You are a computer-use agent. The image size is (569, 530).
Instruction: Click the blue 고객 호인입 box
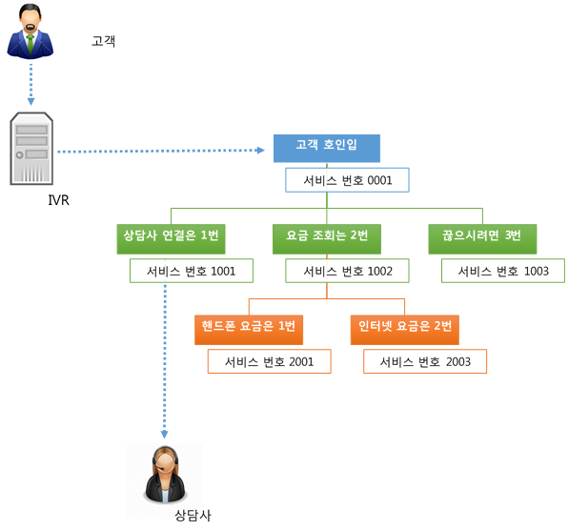click(x=327, y=148)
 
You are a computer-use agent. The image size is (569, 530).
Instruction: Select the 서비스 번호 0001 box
click(x=347, y=180)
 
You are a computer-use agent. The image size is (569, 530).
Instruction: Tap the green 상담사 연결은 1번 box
click(x=171, y=239)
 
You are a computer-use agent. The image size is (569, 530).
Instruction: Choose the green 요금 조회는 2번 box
click(x=327, y=239)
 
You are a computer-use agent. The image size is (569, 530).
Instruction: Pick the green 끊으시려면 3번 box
click(x=482, y=239)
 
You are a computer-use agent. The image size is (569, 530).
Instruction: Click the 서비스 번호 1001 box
click(x=192, y=271)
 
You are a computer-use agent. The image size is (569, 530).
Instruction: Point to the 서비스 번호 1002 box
click(x=347, y=271)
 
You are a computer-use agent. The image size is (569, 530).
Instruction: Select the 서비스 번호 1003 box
click(x=503, y=271)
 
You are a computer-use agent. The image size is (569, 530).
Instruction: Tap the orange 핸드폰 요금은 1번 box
click(x=249, y=330)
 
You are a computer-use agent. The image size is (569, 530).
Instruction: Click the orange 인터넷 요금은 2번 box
click(x=405, y=330)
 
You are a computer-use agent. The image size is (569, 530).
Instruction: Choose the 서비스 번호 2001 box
click(x=270, y=361)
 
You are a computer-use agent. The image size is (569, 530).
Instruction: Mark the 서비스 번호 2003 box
click(x=425, y=361)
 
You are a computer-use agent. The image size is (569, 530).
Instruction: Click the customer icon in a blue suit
click(x=30, y=31)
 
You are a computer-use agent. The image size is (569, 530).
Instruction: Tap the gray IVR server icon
click(x=31, y=149)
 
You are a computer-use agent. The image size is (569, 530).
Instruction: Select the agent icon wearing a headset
click(x=165, y=475)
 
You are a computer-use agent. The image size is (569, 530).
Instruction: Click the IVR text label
click(x=58, y=200)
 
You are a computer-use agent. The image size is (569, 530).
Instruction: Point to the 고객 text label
click(x=104, y=41)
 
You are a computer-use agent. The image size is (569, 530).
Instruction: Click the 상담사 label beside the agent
click(x=193, y=515)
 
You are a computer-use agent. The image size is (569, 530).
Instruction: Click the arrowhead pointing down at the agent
click(x=164, y=434)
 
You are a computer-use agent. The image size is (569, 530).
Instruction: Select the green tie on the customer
click(x=30, y=44)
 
